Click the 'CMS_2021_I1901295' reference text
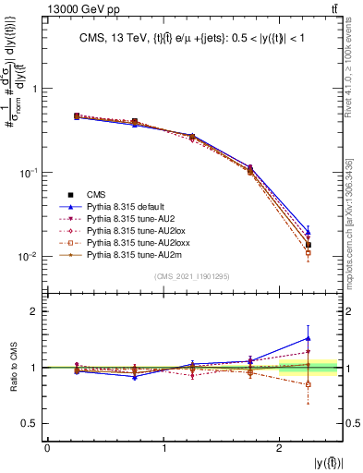[x=192, y=276]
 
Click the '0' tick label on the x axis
[x=47, y=448]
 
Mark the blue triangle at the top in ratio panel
[x=309, y=338]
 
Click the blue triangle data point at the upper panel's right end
[x=309, y=232]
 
